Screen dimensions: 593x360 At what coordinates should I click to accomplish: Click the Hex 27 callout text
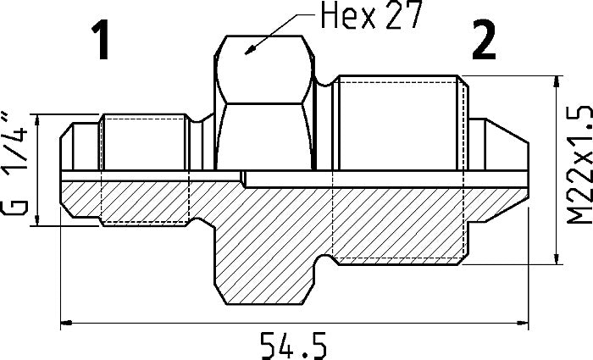(370, 14)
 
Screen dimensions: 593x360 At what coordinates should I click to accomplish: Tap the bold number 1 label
(101, 40)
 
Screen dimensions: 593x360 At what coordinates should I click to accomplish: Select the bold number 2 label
(484, 40)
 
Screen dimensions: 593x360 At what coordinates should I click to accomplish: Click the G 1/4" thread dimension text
(16, 163)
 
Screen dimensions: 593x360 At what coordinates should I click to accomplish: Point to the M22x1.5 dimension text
(579, 164)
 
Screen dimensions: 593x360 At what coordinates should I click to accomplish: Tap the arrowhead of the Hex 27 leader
(250, 51)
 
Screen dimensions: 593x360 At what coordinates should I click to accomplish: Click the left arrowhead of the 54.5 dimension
(67, 322)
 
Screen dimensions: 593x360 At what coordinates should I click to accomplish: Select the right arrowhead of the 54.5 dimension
(523, 322)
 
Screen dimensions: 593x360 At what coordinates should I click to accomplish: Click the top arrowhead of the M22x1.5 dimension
(557, 81)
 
